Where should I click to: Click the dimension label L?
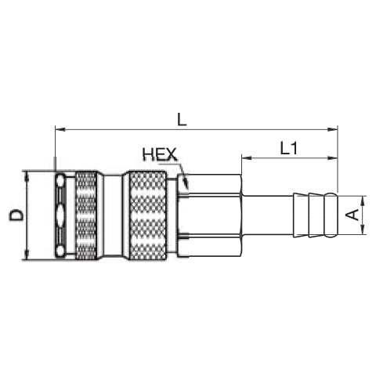point(182,120)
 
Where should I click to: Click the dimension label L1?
point(289,149)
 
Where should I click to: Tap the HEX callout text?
point(160,154)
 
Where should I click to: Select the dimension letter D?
point(16,215)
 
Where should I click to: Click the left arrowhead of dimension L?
point(60,129)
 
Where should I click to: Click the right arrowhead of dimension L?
point(333,129)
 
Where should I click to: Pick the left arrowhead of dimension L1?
point(247,157)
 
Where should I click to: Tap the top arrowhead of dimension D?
point(27,176)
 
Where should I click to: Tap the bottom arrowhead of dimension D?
point(27,255)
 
